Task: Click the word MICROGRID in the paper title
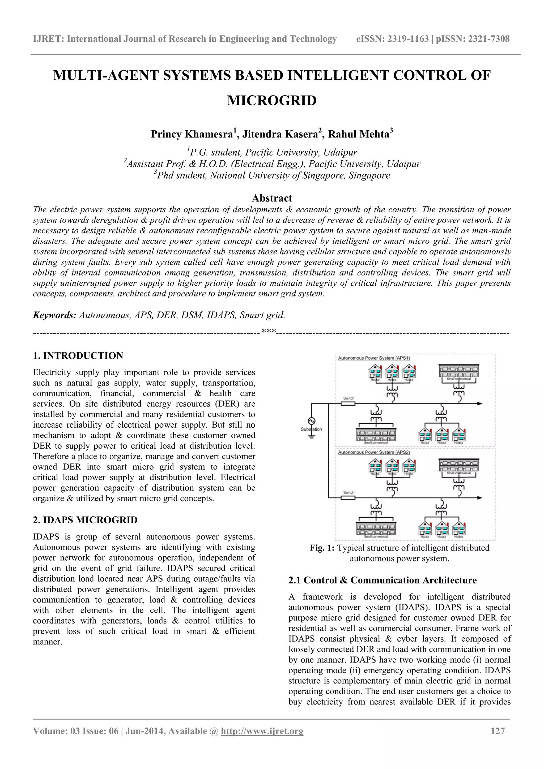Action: pos(272,101)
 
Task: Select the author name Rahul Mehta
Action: pos(358,134)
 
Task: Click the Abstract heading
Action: pos(272,198)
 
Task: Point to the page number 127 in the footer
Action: pos(498,731)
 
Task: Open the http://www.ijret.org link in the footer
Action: pos(262,731)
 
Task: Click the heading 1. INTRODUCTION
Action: pos(78,355)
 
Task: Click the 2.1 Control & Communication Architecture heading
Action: pos(382,580)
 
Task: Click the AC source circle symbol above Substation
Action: pos(312,421)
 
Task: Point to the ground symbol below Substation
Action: pos(312,436)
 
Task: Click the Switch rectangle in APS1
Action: pos(348,403)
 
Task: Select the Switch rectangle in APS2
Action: pos(348,498)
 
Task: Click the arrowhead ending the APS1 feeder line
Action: pos(480,403)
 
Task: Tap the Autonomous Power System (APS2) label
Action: pos(374,452)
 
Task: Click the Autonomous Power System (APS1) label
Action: pos(374,358)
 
